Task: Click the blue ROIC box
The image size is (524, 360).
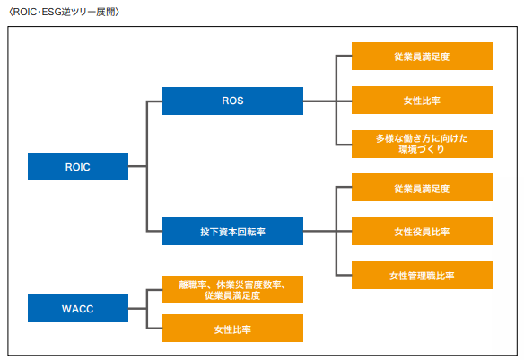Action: coord(78,166)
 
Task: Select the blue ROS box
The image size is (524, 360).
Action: coord(232,101)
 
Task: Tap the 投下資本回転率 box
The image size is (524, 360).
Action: coord(232,232)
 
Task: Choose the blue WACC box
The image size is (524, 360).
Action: coord(78,308)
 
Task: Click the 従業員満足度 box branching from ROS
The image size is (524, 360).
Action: coord(422,57)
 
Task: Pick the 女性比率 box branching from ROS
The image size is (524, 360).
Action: coord(422,101)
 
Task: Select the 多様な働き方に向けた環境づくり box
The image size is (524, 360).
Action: coord(422,144)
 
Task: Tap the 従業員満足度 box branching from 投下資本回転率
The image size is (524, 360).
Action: coord(422,188)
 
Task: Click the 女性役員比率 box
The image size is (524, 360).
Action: coord(422,232)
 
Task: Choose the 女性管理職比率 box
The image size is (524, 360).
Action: coord(422,275)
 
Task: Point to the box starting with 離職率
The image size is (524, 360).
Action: coord(232,289)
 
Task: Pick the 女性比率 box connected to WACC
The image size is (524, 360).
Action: coord(232,329)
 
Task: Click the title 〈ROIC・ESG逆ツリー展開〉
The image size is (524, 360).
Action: coord(64,12)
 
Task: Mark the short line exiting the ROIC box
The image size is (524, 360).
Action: coord(137,166)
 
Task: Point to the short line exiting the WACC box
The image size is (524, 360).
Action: coord(137,308)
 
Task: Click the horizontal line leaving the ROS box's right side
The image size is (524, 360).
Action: coord(319,101)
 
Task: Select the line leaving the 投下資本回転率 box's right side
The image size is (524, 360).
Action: coord(319,231)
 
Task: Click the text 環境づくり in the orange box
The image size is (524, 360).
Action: coord(422,149)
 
